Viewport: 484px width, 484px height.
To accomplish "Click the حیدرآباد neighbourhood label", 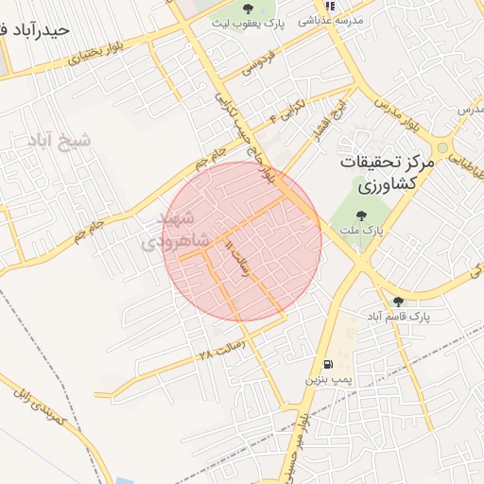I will [36, 29].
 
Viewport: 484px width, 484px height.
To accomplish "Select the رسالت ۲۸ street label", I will [221, 353].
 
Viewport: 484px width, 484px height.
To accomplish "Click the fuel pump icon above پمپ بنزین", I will [327, 363].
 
